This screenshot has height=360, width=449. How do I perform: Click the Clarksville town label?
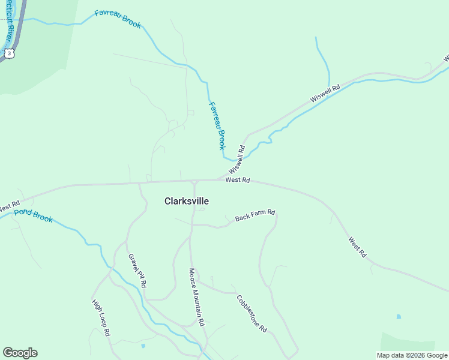tap(186, 202)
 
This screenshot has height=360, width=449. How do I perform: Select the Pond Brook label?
tap(34, 216)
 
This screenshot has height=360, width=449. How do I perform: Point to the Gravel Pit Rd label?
tap(137, 271)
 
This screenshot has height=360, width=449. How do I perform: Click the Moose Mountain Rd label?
tap(197, 296)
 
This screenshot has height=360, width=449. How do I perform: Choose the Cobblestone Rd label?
tap(251, 314)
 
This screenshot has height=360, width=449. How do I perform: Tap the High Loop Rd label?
tap(101, 317)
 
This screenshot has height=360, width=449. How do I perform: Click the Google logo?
tap(20, 353)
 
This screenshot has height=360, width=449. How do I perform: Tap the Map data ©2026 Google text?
tap(412, 355)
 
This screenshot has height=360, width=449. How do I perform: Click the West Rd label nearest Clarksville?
tap(237, 180)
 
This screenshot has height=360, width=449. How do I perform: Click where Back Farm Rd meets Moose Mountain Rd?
tap(192, 225)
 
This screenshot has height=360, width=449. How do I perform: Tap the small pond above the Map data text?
tap(398, 316)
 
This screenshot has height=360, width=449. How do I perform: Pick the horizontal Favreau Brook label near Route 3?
tap(118, 19)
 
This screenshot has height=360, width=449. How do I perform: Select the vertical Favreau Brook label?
tap(217, 125)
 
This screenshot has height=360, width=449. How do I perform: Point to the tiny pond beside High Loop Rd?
tap(142, 346)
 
